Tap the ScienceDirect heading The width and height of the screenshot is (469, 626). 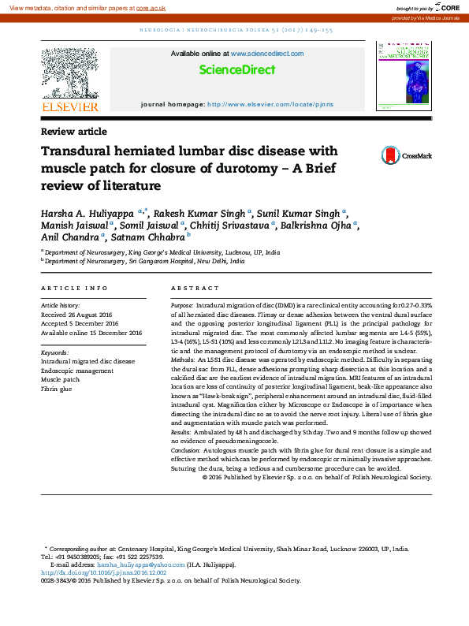pyautogui.click(x=237, y=71)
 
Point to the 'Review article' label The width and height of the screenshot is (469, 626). pyautogui.click(x=73, y=132)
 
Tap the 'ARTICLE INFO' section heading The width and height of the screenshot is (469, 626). pyautogui.click(x=74, y=289)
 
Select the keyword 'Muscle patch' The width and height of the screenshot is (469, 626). pyautogui.click(x=61, y=379)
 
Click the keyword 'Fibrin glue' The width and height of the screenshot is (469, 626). pyautogui.click(x=57, y=389)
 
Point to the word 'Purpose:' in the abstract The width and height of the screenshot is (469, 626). pyautogui.click(x=182, y=304)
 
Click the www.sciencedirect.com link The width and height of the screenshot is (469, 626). pyautogui.click(x=266, y=54)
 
